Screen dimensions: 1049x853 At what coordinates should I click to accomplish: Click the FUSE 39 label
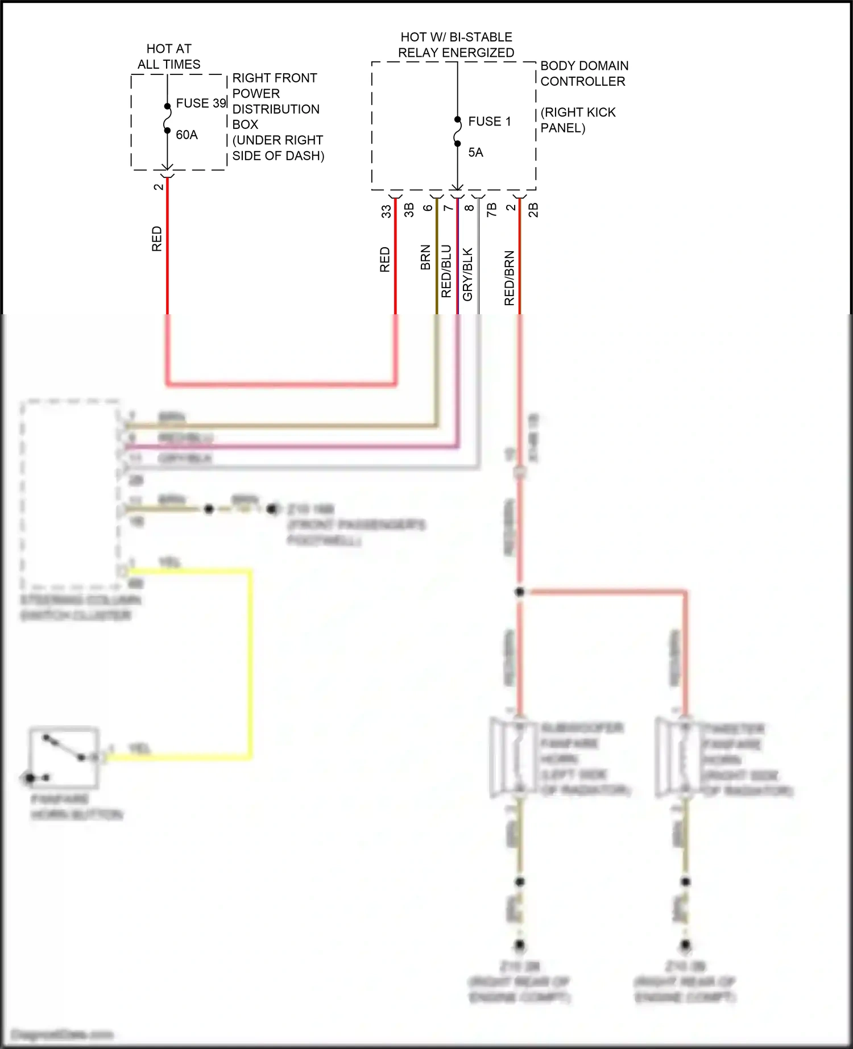click(201, 103)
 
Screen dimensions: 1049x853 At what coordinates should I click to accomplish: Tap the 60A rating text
click(187, 135)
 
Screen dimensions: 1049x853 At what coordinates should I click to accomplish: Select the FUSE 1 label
click(489, 121)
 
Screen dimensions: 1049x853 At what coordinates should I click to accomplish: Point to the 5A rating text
click(475, 152)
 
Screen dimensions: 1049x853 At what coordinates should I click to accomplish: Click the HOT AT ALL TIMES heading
click(169, 56)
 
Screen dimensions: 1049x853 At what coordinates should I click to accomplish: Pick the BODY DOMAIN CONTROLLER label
click(583, 73)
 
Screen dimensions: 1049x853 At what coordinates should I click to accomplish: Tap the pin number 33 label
click(386, 211)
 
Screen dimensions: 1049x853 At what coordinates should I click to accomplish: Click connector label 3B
click(409, 210)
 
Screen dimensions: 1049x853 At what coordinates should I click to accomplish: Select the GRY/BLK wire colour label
click(467, 274)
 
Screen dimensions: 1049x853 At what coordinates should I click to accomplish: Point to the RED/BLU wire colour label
click(446, 271)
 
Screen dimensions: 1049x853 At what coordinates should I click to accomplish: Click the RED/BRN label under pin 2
click(509, 278)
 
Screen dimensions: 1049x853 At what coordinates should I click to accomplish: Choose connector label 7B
click(491, 210)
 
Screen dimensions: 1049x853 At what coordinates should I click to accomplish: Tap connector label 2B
click(533, 210)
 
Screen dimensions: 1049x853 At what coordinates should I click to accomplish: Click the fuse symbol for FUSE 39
click(167, 119)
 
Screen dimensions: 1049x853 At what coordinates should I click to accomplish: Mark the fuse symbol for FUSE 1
click(457, 131)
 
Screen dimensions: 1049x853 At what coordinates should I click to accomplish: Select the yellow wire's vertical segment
click(249, 662)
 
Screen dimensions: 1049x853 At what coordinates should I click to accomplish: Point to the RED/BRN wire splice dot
click(519, 592)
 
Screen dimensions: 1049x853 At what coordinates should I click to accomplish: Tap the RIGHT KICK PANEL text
click(577, 120)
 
